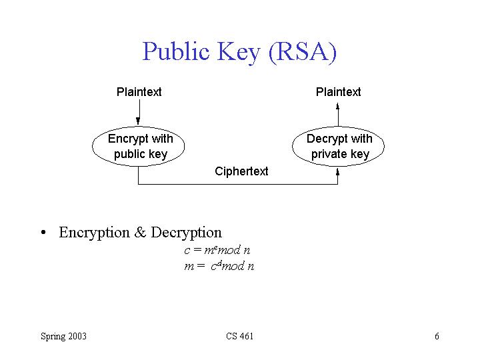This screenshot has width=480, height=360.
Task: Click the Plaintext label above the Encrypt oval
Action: click(139, 92)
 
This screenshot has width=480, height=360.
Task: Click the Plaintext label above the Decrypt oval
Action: click(338, 92)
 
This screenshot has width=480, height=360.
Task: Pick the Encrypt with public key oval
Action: click(140, 147)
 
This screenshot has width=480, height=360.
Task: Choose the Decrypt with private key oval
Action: click(339, 147)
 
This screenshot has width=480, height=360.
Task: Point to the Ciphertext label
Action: click(241, 171)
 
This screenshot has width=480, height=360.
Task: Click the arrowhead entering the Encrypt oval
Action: click(138, 121)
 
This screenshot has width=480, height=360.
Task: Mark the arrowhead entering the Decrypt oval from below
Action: click(338, 171)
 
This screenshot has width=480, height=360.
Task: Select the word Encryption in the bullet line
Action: click(94, 233)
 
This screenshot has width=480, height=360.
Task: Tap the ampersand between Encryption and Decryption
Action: click(140, 233)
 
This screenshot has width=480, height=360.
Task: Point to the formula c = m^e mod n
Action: click(217, 251)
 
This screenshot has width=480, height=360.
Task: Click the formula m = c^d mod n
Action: click(219, 266)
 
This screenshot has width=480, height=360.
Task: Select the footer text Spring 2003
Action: click(63, 336)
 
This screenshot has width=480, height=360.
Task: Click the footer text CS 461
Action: click(239, 336)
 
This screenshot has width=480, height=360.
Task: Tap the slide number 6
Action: click(437, 336)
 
